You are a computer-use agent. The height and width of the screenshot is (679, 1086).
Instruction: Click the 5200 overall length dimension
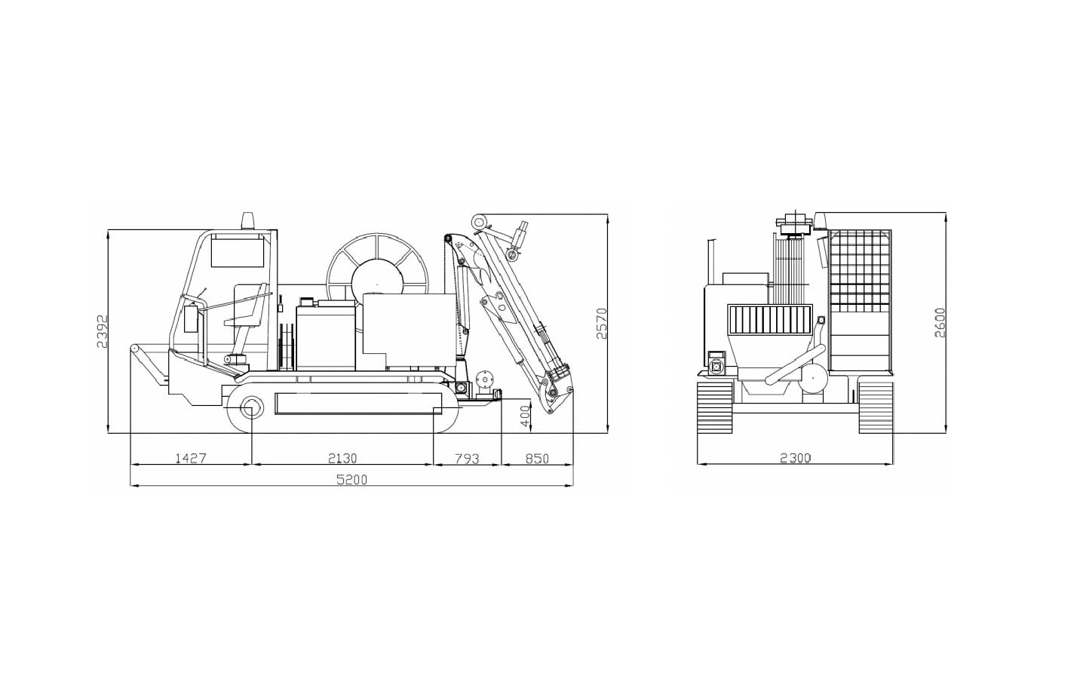click(x=352, y=480)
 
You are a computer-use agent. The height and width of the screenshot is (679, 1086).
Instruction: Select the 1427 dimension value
click(x=191, y=458)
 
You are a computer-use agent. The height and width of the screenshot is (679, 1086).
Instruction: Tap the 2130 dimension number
click(x=342, y=458)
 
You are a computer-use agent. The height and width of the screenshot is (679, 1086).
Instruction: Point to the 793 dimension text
click(x=468, y=459)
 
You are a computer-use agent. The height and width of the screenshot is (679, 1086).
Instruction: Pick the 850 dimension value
click(x=537, y=459)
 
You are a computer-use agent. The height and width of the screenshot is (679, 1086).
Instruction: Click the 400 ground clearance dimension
click(x=526, y=416)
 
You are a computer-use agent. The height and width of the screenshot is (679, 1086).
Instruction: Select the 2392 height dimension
click(x=101, y=331)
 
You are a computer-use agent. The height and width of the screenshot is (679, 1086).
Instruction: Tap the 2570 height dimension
click(x=602, y=323)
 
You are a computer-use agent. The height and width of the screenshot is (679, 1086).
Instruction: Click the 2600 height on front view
click(x=940, y=323)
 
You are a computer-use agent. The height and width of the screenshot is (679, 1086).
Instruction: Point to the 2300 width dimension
click(x=795, y=457)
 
